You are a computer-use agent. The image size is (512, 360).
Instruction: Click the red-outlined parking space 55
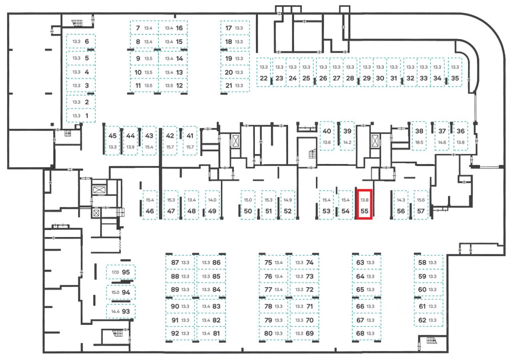pyautogui.click(x=364, y=204)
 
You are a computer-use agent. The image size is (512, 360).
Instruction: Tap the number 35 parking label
pyautogui.click(x=455, y=78)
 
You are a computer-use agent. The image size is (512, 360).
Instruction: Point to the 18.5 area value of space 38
pyautogui.click(x=419, y=142)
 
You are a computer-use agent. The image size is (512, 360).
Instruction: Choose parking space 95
pyautogui.click(x=121, y=272)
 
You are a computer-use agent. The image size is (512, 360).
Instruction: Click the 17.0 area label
pyautogui.click(x=115, y=272)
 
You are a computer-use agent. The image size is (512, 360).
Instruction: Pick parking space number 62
pyautogui.click(x=428, y=320)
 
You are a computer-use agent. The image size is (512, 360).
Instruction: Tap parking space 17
pyautogui.click(x=235, y=28)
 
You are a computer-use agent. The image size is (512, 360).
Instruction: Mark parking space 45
pyautogui.click(x=112, y=140)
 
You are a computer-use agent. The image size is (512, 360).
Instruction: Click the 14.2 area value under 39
pyautogui.click(x=347, y=142)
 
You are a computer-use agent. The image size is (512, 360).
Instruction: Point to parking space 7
pyautogui.click(x=144, y=28)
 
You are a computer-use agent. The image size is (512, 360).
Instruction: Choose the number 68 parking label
pyautogui.click(x=360, y=333)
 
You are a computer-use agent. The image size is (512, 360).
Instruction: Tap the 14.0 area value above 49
pyautogui.click(x=212, y=200)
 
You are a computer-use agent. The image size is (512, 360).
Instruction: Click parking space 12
pyautogui.click(x=173, y=85)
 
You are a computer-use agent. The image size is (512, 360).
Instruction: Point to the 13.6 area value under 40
pyautogui.click(x=327, y=142)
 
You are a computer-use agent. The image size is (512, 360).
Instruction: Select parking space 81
pyautogui.click(x=211, y=333)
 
